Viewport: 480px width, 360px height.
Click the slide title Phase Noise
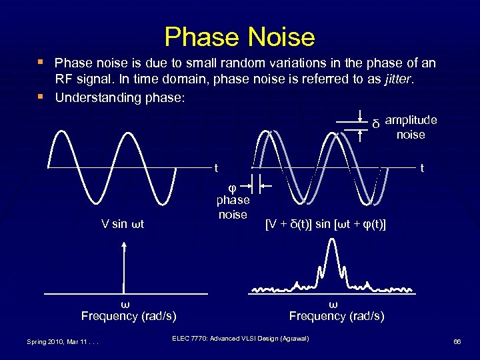click(239, 37)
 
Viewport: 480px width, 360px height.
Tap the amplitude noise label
click(411, 127)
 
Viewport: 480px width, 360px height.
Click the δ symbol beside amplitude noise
click(375, 125)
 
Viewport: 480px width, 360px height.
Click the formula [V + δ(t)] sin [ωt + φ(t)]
click(325, 223)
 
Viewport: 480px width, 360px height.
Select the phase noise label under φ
click(233, 207)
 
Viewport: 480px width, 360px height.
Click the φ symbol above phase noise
click(232, 186)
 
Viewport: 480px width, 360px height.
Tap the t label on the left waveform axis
click(216, 168)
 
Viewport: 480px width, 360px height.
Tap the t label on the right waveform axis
click(420, 169)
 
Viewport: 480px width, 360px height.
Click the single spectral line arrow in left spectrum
click(123, 267)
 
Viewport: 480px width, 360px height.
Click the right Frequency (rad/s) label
click(336, 316)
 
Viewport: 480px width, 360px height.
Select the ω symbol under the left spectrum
click(123, 304)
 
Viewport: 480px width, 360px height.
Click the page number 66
click(457, 341)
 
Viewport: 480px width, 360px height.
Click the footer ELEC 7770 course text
click(241, 339)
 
